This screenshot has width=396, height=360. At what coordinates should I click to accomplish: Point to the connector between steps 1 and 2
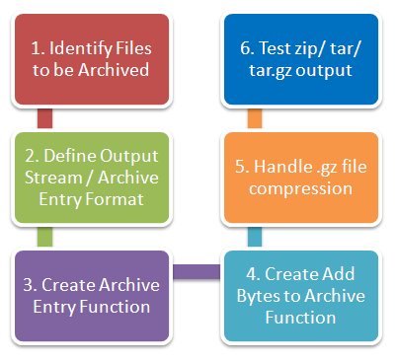click(43, 118)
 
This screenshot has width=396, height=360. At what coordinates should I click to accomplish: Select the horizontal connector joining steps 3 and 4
click(196, 269)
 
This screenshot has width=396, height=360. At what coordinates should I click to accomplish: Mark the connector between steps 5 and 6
click(255, 118)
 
